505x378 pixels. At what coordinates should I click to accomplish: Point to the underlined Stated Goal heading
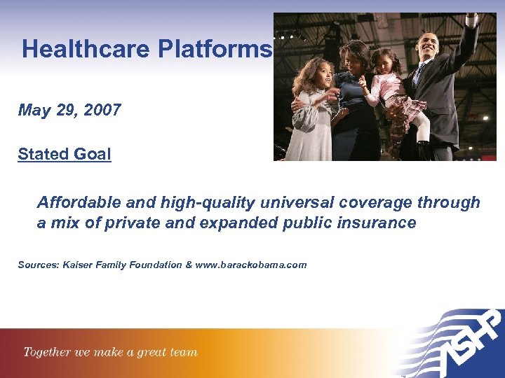pos(65,154)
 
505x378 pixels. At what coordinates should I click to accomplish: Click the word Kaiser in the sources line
pos(79,265)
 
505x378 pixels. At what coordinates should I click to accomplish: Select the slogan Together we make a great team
pos(111,352)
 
